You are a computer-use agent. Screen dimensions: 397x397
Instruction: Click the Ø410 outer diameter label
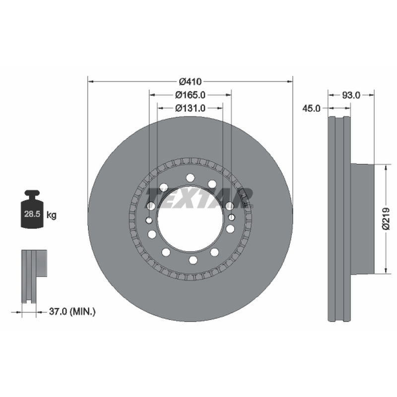click(x=190, y=82)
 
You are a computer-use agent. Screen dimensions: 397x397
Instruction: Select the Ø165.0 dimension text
click(x=190, y=95)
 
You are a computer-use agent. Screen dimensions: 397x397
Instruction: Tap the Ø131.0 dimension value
click(x=190, y=108)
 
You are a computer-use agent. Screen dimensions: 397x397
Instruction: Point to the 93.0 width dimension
click(x=351, y=95)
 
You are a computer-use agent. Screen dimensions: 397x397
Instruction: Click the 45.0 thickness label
click(x=311, y=108)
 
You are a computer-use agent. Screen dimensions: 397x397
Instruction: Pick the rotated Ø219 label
click(x=386, y=219)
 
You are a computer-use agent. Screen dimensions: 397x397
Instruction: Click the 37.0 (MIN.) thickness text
click(x=72, y=312)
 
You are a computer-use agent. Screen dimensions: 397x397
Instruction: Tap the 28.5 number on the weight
click(x=32, y=214)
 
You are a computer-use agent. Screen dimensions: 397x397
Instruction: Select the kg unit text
click(x=52, y=215)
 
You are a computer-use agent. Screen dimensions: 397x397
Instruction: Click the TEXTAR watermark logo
click(x=199, y=198)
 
